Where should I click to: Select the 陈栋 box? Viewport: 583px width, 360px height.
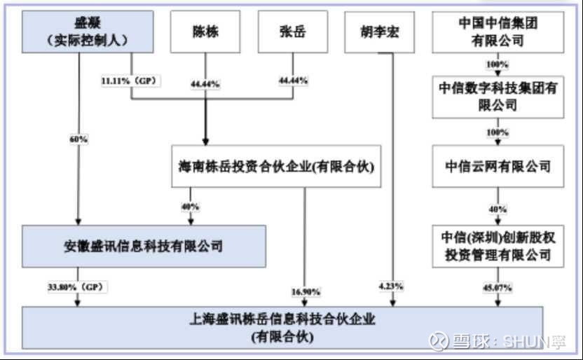point(205,32)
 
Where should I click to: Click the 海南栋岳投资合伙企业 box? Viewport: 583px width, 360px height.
point(277,167)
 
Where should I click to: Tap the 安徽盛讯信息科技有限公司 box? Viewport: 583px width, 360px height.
point(144,246)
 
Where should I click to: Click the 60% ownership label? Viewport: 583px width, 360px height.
point(78,139)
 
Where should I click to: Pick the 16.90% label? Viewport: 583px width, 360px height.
point(303,291)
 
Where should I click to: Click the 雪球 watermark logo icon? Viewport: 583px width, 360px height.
point(439,341)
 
